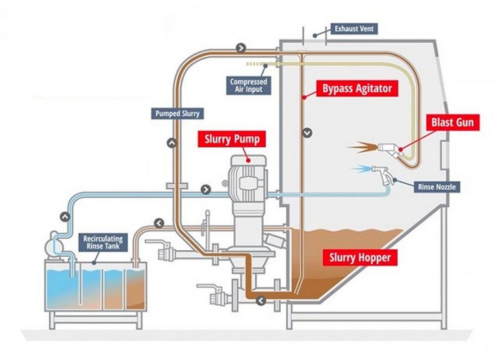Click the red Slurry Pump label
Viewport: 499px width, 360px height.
[233, 139]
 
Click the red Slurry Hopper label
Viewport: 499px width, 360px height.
[361, 258]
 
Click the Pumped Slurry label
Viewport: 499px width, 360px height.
[177, 114]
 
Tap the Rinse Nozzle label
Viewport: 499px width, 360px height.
[437, 187]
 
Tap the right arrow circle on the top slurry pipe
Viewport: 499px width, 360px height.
[241, 48]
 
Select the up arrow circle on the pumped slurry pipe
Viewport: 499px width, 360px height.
[172, 141]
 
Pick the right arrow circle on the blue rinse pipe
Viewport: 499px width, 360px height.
[205, 190]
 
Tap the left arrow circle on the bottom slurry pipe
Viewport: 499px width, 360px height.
[261, 300]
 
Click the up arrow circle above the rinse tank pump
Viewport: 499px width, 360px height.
[64, 216]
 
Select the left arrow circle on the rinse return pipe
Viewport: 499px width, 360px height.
[159, 224]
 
